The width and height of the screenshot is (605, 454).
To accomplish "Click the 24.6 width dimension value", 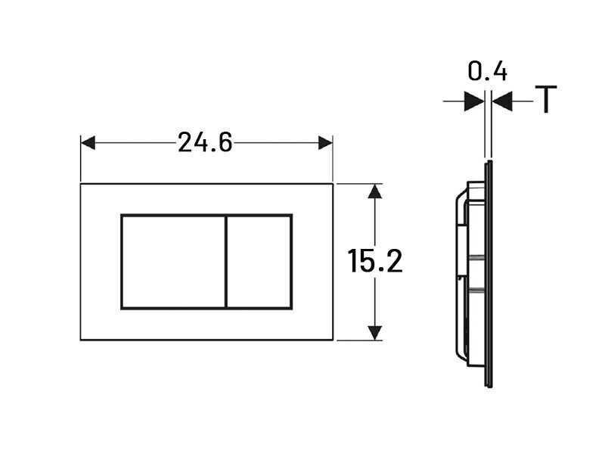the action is pyautogui.click(x=205, y=142).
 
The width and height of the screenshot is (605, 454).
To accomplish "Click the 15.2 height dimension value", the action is pyautogui.click(x=375, y=261).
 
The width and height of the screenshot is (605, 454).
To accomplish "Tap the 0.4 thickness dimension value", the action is pyautogui.click(x=487, y=71).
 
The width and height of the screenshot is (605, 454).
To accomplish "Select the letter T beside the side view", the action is pyautogui.click(x=545, y=99).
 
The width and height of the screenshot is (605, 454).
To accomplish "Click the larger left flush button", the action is pyautogui.click(x=173, y=262).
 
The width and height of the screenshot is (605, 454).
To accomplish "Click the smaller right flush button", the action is pyautogui.click(x=259, y=262).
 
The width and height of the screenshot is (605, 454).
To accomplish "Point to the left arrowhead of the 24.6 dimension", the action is pyautogui.click(x=88, y=142).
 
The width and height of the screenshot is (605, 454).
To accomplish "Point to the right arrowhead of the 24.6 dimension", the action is pyautogui.click(x=325, y=142).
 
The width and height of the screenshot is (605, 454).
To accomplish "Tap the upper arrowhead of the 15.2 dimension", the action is pyautogui.click(x=374, y=191).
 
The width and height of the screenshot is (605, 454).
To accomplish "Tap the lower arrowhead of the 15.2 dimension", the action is pyautogui.click(x=374, y=333).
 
